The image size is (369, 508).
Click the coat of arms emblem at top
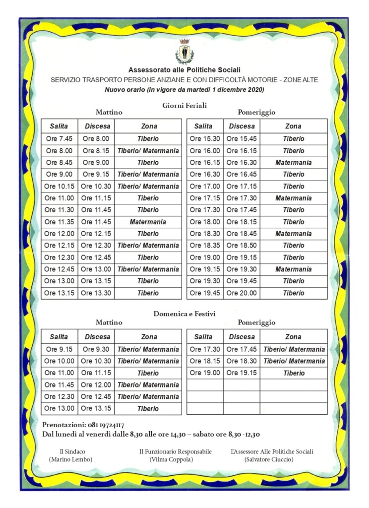tap(184, 51)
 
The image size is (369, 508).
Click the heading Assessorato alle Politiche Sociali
tap(184, 70)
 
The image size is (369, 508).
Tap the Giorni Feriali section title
tap(184, 105)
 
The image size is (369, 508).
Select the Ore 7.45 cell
tap(59, 139)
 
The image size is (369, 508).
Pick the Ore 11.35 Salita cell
tap(59, 222)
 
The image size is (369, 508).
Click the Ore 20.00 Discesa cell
tap(242, 293)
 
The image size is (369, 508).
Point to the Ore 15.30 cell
tap(205, 139)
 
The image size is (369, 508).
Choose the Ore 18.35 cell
tap(205, 246)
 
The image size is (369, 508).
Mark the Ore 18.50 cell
tap(242, 246)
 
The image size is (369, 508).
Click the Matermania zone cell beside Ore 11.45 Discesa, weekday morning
tap(148, 222)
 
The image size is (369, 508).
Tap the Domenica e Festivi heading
tap(184, 314)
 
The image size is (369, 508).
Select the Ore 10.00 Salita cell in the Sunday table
tap(59, 361)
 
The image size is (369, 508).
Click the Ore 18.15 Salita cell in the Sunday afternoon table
tap(205, 361)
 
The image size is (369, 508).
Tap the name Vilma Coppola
tap(175, 459)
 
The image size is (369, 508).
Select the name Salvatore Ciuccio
tap(272, 459)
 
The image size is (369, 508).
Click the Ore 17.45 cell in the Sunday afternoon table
tap(242, 349)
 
